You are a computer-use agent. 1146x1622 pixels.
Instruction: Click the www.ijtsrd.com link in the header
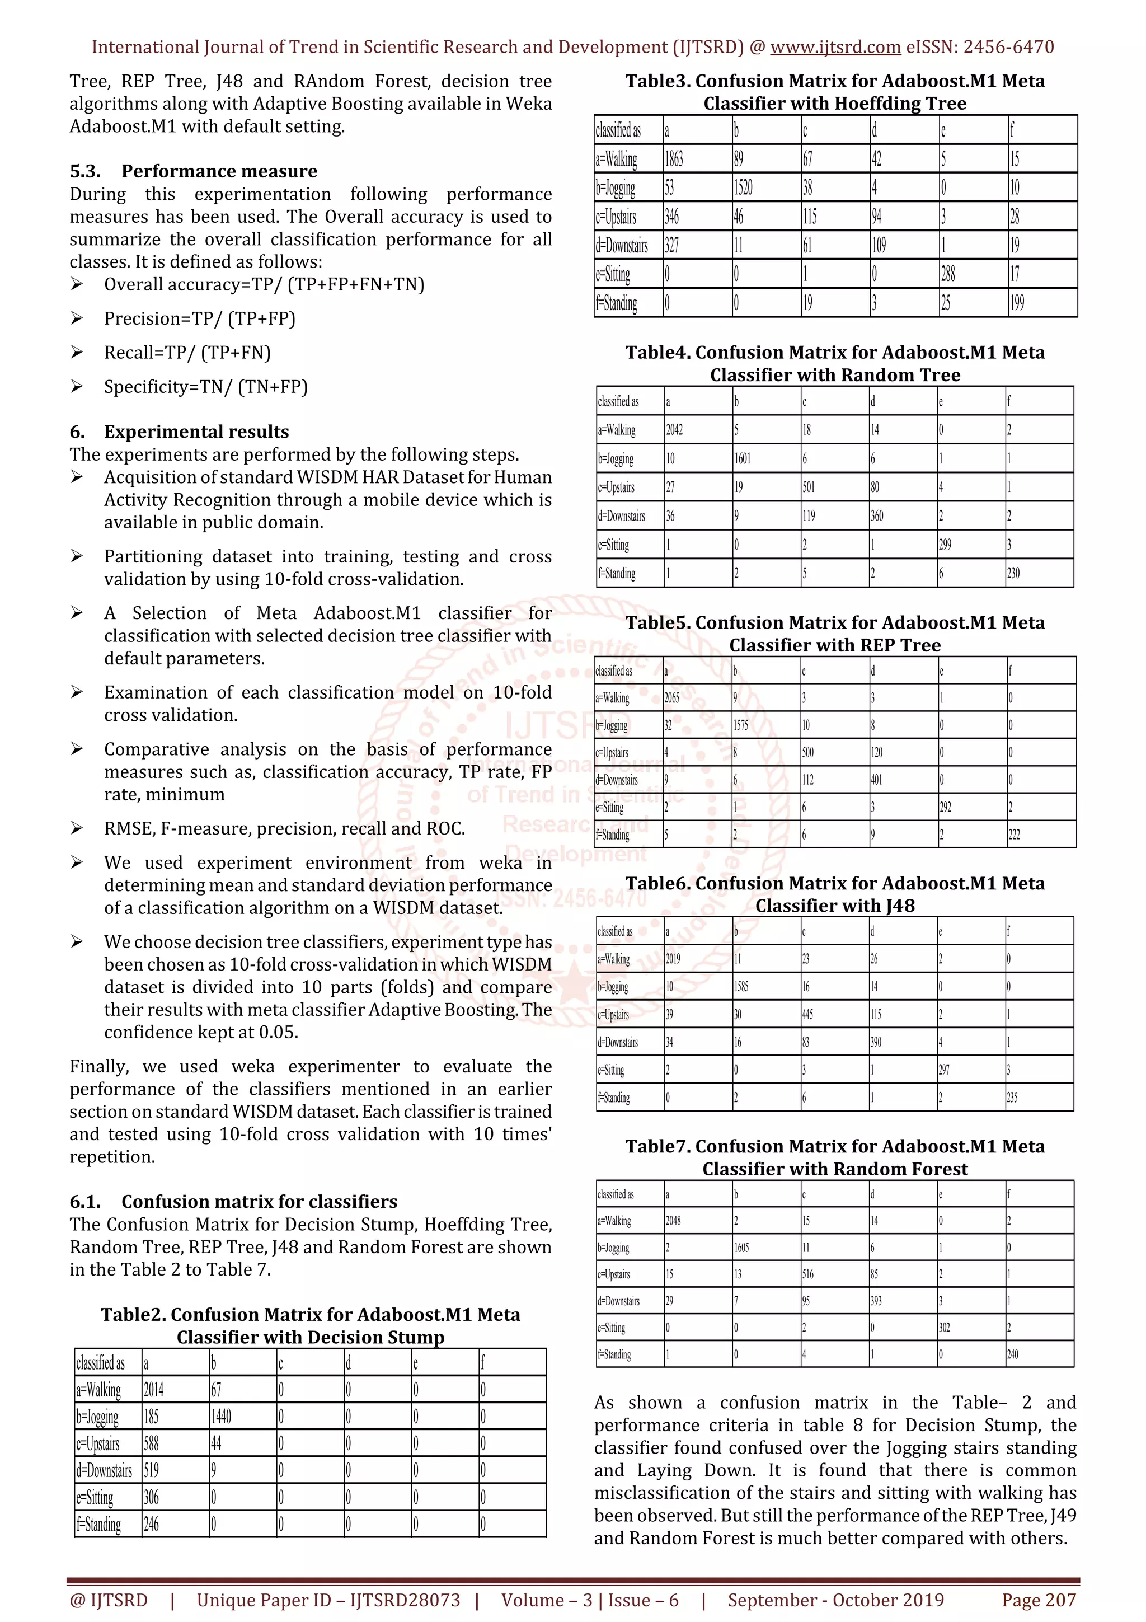click(835, 48)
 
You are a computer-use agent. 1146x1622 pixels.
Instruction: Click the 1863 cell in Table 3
click(674, 159)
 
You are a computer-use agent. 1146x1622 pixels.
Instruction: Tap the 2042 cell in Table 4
click(674, 429)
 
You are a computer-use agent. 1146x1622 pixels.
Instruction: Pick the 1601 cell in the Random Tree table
click(742, 458)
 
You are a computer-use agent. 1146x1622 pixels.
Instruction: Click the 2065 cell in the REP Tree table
click(671, 698)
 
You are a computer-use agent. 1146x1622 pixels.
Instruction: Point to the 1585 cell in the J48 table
click(741, 987)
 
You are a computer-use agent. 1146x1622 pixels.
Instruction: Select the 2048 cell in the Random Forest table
click(673, 1221)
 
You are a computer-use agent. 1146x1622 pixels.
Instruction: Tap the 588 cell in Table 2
click(151, 1444)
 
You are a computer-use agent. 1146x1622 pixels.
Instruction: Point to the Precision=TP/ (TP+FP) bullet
click(200, 318)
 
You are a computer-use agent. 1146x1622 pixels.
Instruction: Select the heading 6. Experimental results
click(180, 432)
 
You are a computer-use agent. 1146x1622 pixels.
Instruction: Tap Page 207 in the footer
click(1038, 1600)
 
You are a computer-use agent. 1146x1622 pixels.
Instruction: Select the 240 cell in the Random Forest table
click(1013, 1354)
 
